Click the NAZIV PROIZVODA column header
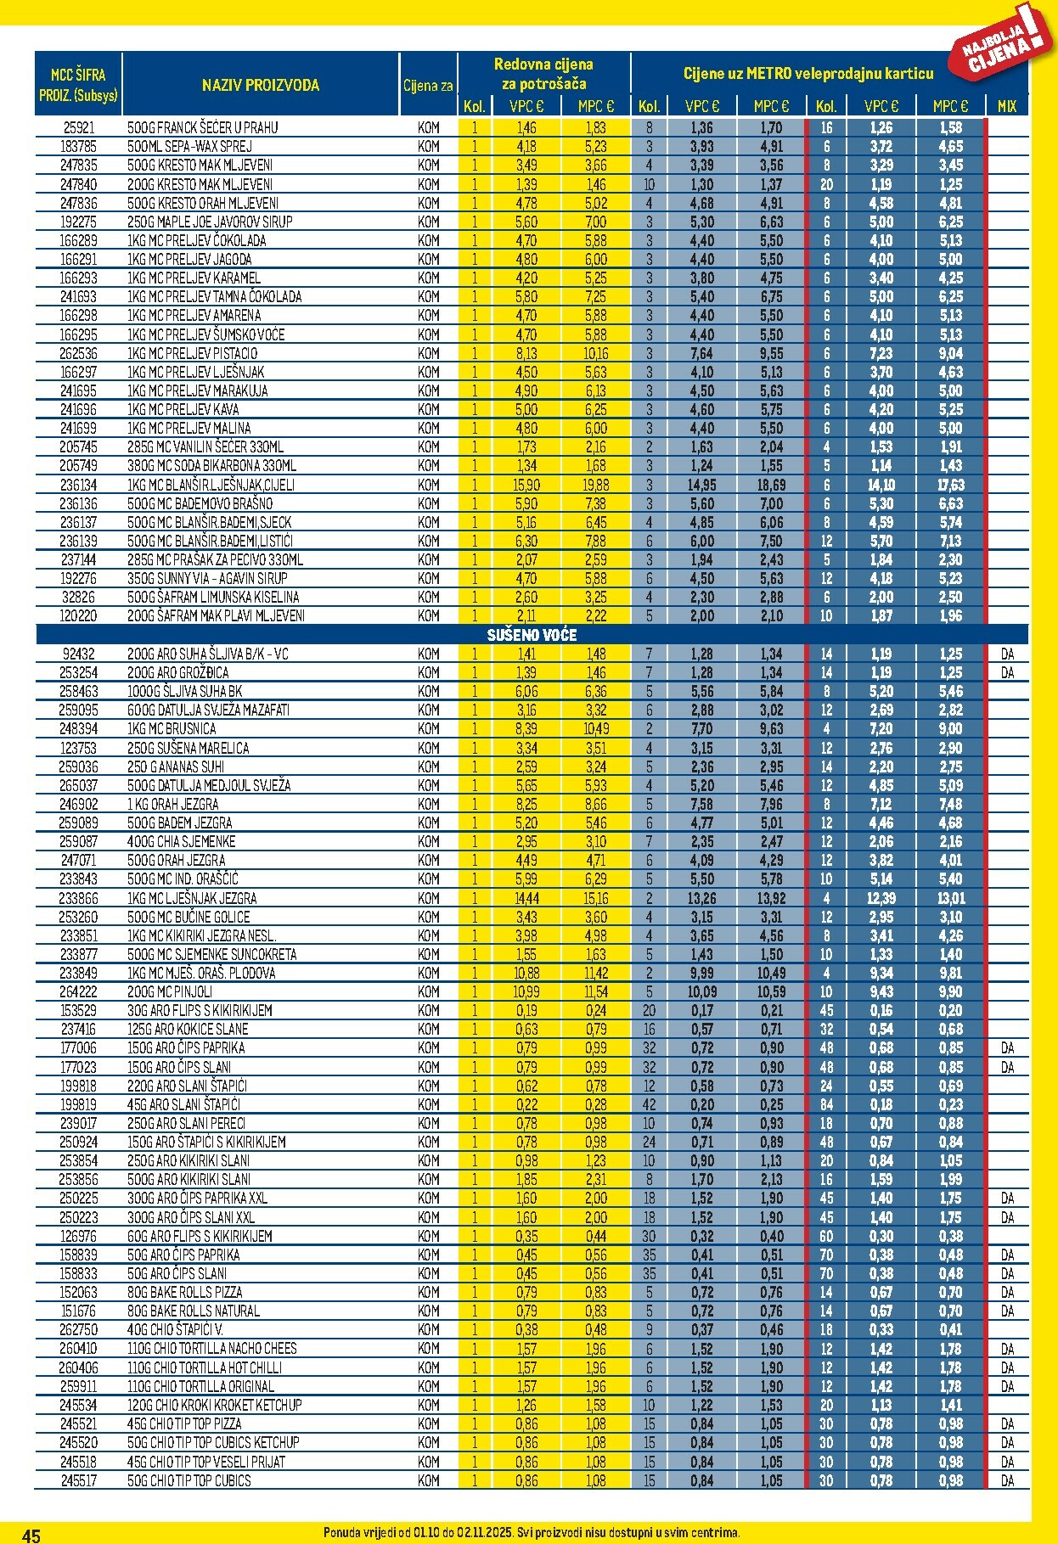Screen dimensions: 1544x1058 click(x=260, y=85)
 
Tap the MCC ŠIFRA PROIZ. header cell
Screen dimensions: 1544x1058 click(x=78, y=85)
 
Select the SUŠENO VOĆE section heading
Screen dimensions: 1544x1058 click(x=532, y=635)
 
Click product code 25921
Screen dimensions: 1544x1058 click(x=78, y=128)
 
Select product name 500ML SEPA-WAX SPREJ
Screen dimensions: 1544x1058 click(x=189, y=147)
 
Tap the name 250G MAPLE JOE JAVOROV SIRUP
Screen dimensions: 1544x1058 click(x=210, y=222)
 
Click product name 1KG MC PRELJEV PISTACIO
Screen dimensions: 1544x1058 click(x=192, y=353)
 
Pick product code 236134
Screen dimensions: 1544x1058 click(x=78, y=485)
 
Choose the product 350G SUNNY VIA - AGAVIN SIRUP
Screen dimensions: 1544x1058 click(x=207, y=578)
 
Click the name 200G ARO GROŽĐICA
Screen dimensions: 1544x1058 click(x=177, y=672)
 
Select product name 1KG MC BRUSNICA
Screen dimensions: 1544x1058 click(x=172, y=728)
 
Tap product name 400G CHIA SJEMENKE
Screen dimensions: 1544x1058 click(x=181, y=841)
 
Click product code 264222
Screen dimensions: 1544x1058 click(x=78, y=991)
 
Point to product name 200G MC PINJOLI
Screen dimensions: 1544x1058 click(x=170, y=991)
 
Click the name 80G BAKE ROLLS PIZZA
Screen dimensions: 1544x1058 click(x=184, y=1292)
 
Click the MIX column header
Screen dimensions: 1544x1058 click(x=1007, y=106)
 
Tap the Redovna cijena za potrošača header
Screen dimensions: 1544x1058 click(x=543, y=74)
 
